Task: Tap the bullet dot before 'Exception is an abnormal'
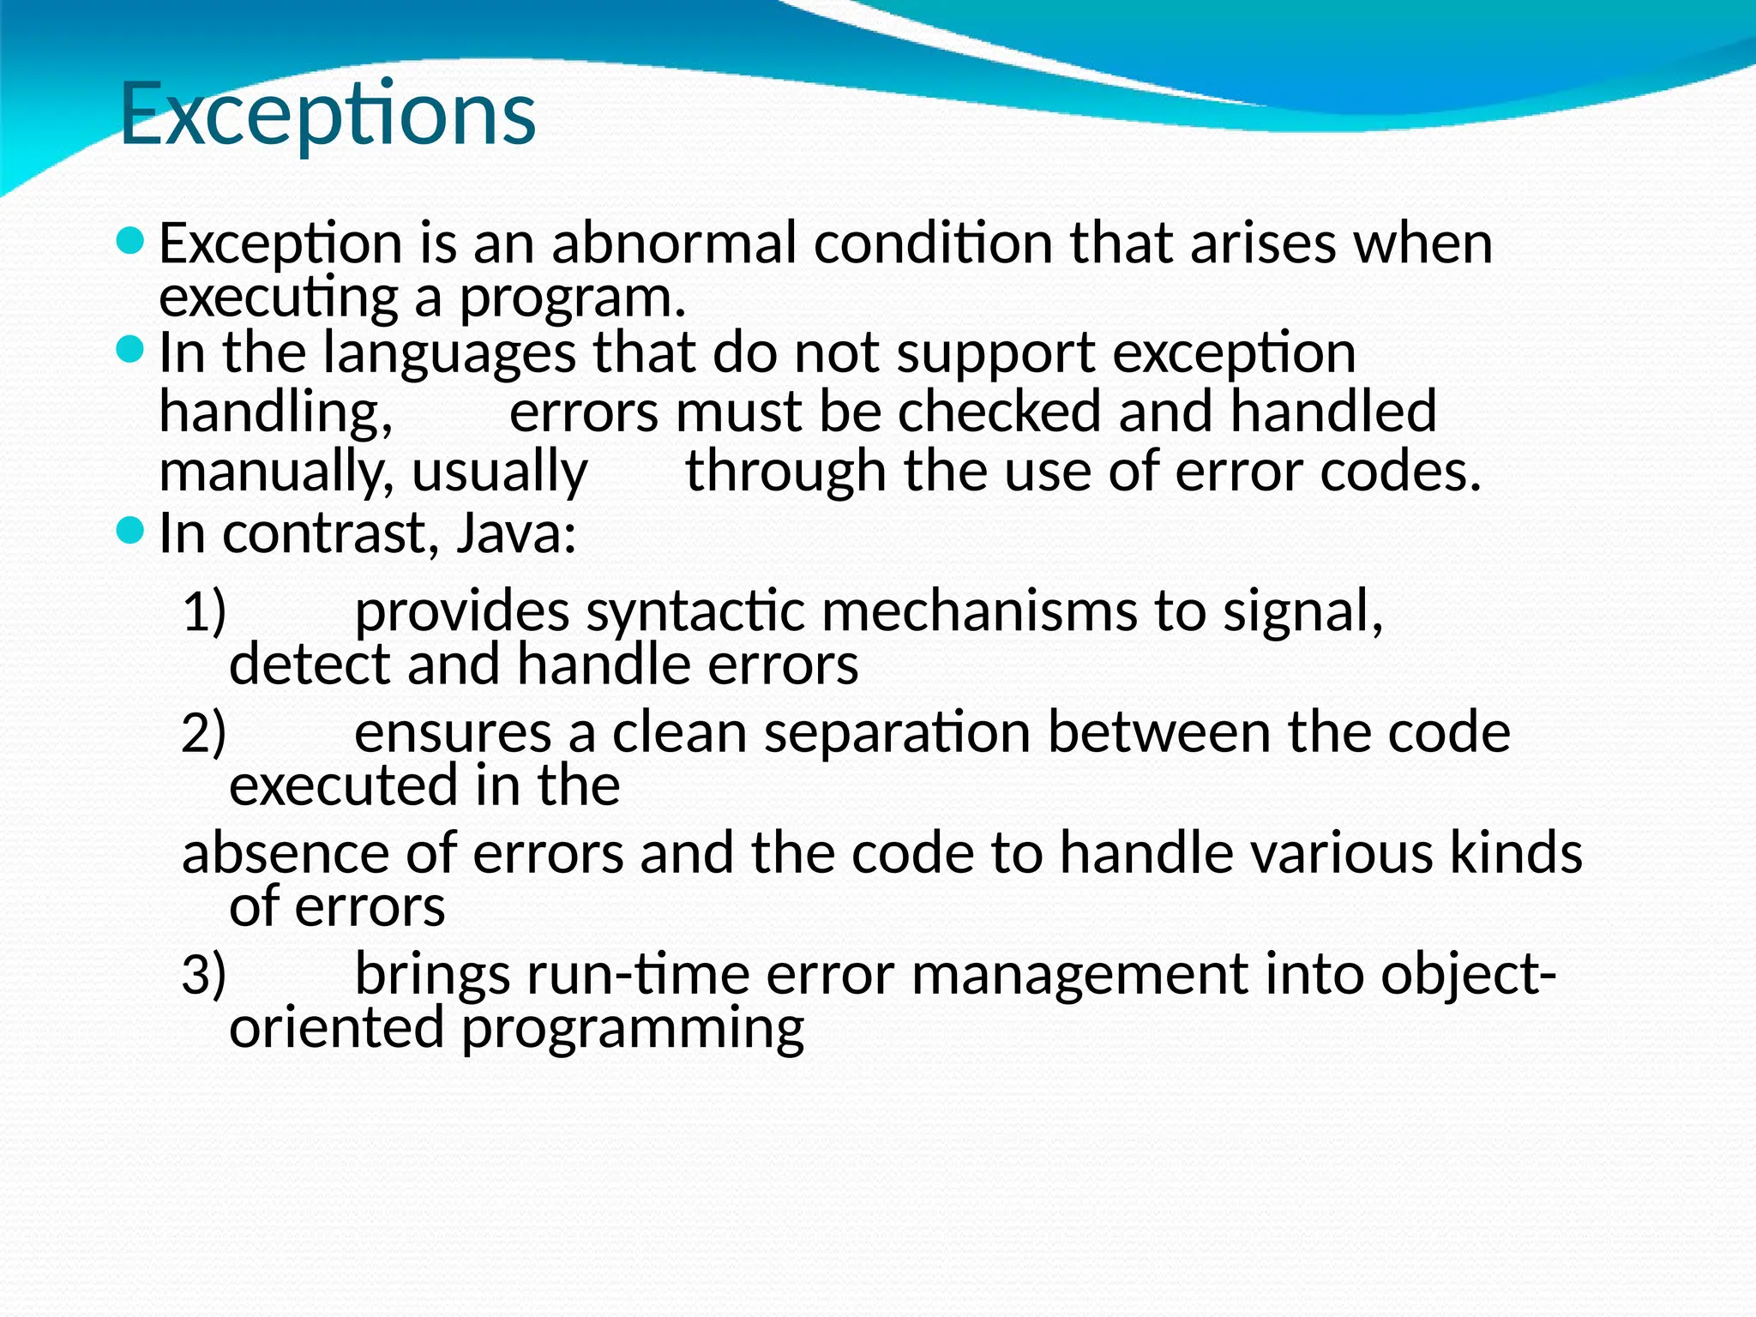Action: pyautogui.click(x=129, y=241)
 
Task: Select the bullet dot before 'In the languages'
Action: pyautogui.click(x=129, y=349)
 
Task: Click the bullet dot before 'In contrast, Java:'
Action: pyautogui.click(x=129, y=531)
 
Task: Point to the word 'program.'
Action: pyautogui.click(x=573, y=298)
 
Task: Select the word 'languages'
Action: pyautogui.click(x=449, y=353)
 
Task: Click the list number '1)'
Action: pyautogui.click(x=204, y=612)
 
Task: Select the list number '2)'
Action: pyautogui.click(x=204, y=733)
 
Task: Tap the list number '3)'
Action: pyautogui.click(x=204, y=975)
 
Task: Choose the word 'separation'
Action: pyautogui.click(x=897, y=734)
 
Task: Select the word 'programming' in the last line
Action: pyautogui.click(x=633, y=1030)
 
